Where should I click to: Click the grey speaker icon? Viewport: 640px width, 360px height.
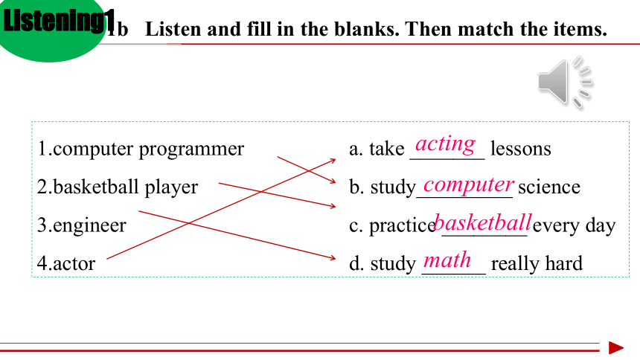[565, 82]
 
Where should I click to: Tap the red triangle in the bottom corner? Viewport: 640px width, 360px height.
[616, 348]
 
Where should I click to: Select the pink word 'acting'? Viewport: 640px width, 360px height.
[445, 144]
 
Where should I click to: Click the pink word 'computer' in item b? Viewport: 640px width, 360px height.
[469, 185]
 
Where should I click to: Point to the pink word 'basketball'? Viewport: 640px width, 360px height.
[483, 223]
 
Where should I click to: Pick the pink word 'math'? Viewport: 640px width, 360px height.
[447, 260]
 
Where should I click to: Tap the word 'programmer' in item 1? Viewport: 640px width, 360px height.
[191, 150]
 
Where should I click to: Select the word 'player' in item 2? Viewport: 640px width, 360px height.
[171, 188]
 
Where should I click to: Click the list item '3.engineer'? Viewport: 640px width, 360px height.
[82, 225]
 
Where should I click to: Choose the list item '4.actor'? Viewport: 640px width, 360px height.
[66, 263]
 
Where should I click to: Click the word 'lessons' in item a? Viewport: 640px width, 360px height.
[520, 148]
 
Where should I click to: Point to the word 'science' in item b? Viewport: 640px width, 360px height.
[549, 187]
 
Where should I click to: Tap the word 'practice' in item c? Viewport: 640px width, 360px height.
[403, 225]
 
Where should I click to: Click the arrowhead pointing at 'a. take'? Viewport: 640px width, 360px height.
[333, 161]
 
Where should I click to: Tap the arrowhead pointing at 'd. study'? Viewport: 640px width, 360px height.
[332, 257]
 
